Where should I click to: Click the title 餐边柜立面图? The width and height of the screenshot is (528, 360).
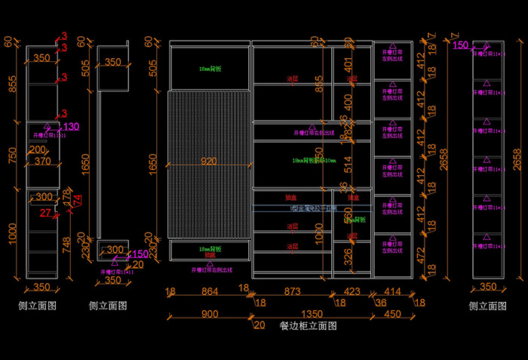pos(308,326)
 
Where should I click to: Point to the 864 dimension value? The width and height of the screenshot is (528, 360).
pos(209,291)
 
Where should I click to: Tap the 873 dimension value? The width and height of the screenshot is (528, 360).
pos(290,291)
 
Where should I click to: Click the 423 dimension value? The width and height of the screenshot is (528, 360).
pos(352,291)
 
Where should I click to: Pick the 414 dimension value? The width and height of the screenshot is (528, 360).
pos(392,291)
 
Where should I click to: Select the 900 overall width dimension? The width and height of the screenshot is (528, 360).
pos(210,314)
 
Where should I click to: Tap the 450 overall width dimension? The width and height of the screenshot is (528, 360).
pos(392,314)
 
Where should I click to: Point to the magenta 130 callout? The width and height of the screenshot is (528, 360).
pos(71,126)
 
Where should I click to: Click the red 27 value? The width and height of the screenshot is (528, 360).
pos(45,214)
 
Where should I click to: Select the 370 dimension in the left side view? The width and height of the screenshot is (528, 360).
pos(42,161)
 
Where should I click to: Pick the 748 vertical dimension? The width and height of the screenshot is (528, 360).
pos(67,243)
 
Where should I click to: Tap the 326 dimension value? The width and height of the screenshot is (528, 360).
pos(348,258)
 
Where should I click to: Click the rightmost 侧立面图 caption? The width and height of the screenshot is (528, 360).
pos(487,306)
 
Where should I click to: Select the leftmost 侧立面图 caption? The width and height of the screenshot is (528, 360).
pos(38,306)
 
